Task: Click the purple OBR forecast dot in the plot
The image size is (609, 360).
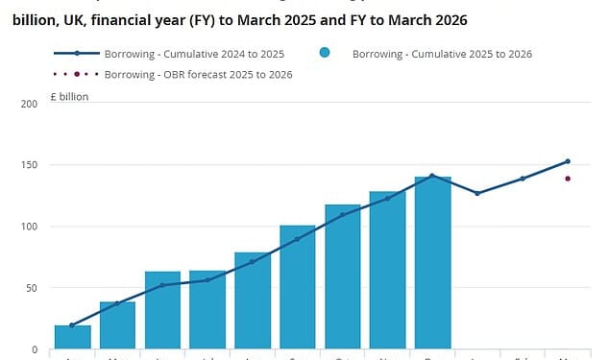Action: tap(568, 179)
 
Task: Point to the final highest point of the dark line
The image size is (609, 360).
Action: tap(568, 161)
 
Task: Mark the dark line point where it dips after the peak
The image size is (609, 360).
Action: tap(477, 194)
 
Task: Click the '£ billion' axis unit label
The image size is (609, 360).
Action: tap(68, 97)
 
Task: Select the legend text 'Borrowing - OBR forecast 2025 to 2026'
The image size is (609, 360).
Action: tap(197, 74)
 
